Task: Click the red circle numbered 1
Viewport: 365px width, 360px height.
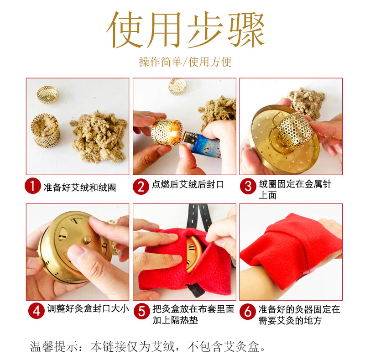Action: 33,186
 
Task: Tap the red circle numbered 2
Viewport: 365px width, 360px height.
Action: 141,186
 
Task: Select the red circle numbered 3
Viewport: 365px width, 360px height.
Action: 248,186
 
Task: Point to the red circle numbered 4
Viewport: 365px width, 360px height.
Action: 36,311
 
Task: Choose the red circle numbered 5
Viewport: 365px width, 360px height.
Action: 142,311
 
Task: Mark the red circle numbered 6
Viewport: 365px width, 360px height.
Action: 248,311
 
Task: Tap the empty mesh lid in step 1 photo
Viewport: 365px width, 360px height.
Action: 48,94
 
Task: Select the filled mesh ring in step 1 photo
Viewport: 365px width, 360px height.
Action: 45,130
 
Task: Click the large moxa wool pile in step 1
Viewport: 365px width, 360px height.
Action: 99,137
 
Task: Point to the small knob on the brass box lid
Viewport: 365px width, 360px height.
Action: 87,240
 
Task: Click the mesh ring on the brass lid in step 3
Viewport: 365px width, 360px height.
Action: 294,131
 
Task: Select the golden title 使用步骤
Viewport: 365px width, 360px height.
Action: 186,30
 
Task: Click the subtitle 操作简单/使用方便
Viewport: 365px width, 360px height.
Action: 185,62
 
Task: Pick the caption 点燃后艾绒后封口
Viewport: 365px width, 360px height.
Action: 188,184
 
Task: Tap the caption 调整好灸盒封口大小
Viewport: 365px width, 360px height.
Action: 88,308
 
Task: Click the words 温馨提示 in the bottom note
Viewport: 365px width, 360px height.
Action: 54,346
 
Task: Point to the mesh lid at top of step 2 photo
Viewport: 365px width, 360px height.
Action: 177,87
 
